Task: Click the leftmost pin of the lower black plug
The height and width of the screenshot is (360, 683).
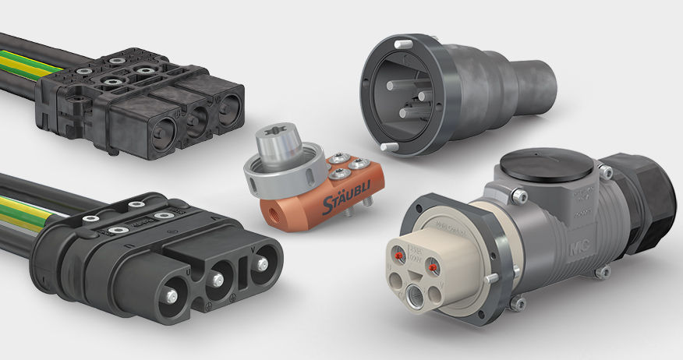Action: [x=169, y=295]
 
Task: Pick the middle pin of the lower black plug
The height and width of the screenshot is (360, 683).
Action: [x=221, y=277]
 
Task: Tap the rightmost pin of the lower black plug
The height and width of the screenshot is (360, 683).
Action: [x=264, y=263]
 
